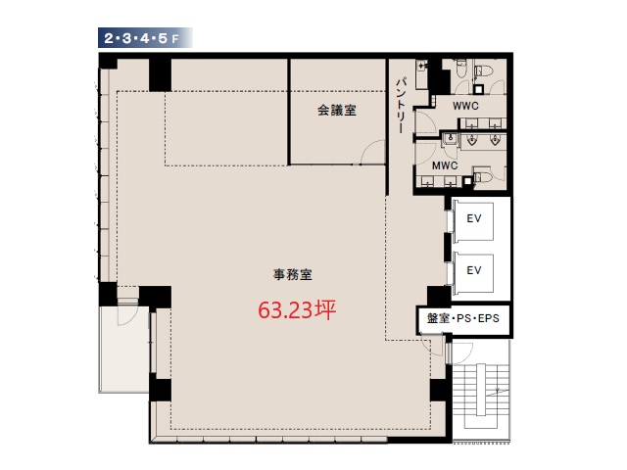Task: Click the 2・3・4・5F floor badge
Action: pyautogui.click(x=145, y=38)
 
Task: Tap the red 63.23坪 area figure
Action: pyautogui.click(x=297, y=309)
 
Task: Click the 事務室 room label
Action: pyautogui.click(x=292, y=274)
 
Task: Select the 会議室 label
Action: pyautogui.click(x=337, y=111)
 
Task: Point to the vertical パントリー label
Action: pyautogui.click(x=401, y=106)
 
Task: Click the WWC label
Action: pyautogui.click(x=465, y=106)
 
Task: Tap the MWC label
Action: pyautogui.click(x=445, y=165)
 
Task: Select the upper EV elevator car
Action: pyautogui.click(x=473, y=221)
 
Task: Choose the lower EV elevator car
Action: pyautogui.click(x=473, y=273)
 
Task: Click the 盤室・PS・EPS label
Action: pyautogui.click(x=463, y=318)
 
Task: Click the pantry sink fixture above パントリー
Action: pyautogui.click(x=422, y=74)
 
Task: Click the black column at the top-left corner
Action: pyautogui.click(x=108, y=61)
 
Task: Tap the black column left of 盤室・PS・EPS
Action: pyautogui.click(x=439, y=296)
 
